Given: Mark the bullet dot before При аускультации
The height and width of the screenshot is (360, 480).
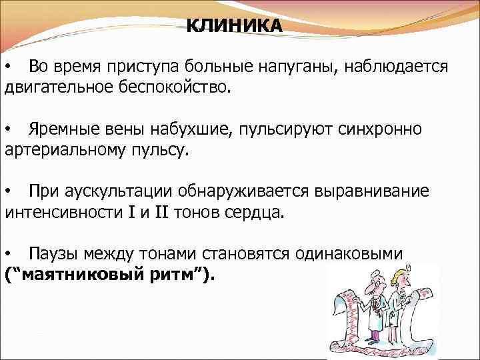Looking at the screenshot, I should [8, 191].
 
